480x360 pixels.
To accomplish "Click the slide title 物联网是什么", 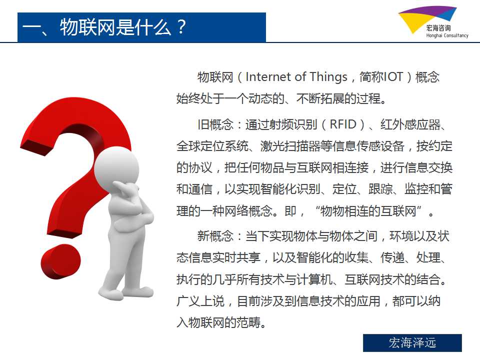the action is click(x=115, y=27).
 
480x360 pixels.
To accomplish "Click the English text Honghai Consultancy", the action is click(x=447, y=35).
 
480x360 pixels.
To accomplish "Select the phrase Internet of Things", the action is click(x=296, y=77).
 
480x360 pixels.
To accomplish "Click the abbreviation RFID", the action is click(x=343, y=124).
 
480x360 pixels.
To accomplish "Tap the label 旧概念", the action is click(x=215, y=124).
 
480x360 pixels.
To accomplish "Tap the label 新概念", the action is click(x=215, y=236).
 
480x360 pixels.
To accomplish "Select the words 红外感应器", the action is click(x=410, y=124).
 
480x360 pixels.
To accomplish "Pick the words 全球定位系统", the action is click(x=212, y=146).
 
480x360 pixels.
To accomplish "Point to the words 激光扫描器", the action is click(x=290, y=146).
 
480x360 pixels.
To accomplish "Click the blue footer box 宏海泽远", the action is click(x=412, y=343).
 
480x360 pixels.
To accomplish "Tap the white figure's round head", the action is click(x=116, y=167).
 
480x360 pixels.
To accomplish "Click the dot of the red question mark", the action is click(x=61, y=261).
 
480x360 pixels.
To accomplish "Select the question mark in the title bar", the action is click(x=181, y=27).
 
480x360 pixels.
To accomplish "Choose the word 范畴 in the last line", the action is click(x=248, y=322).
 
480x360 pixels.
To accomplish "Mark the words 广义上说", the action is click(x=200, y=301).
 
